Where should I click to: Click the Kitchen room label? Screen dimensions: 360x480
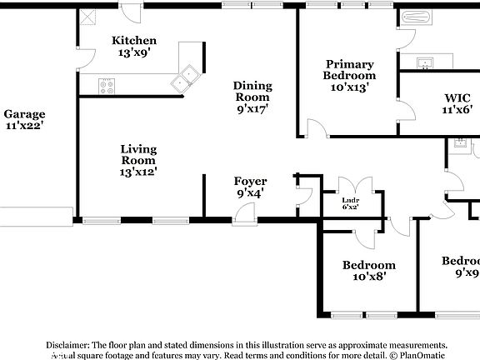[x=134, y=41]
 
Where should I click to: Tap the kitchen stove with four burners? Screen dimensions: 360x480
[x=107, y=84]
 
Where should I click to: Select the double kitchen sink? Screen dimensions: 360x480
[x=185, y=78]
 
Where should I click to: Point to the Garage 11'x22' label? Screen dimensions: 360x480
[x=24, y=120]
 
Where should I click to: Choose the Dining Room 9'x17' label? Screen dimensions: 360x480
[x=252, y=96]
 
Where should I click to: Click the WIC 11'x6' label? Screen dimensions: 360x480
[x=457, y=102]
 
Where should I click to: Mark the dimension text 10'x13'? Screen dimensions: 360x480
[x=349, y=86]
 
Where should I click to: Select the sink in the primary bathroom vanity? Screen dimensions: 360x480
[x=425, y=62]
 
